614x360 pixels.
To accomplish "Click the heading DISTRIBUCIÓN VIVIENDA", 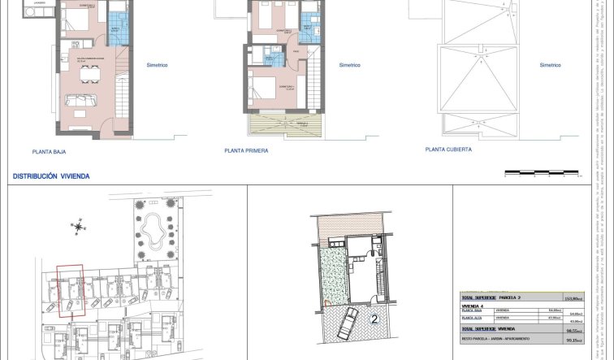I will pyautogui.click(x=51, y=176).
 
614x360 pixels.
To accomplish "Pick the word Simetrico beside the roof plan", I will pyautogui.click(x=550, y=66).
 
